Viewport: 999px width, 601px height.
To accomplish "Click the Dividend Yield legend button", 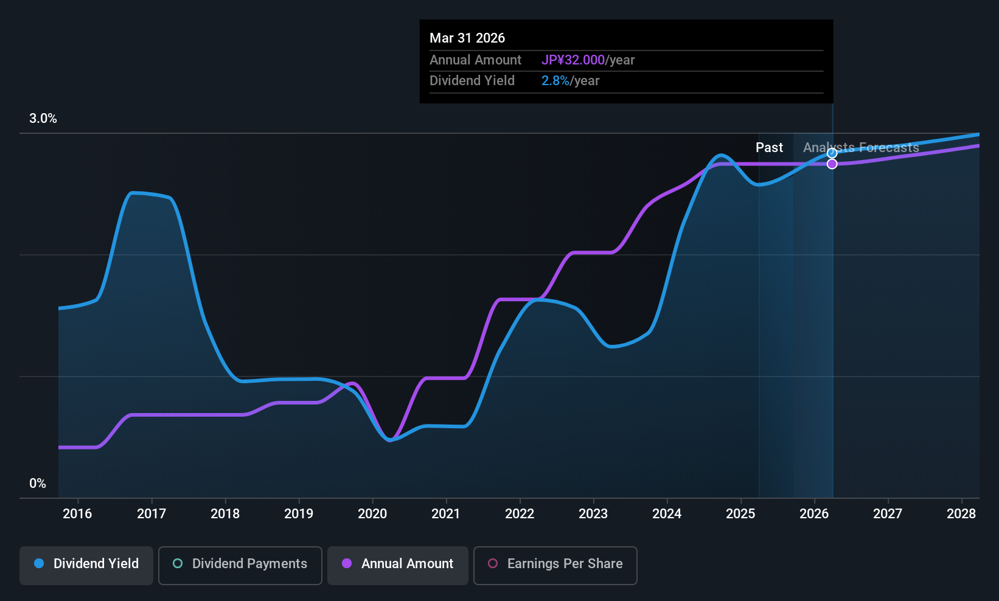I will (x=86, y=564).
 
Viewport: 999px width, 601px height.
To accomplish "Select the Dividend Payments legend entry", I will (x=240, y=564).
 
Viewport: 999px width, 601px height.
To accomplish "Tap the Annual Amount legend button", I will (x=398, y=564).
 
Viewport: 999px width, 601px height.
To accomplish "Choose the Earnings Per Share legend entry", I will (x=555, y=564).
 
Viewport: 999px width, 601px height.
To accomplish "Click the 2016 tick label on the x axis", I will (x=77, y=514).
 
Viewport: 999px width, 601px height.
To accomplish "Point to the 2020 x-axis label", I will (x=372, y=514).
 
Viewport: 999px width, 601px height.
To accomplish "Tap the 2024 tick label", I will (x=667, y=514).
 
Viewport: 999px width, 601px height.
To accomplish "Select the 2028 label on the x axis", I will (x=961, y=514).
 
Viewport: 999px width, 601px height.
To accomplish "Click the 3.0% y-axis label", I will (x=43, y=119).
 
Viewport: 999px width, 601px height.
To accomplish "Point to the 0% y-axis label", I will (x=38, y=484).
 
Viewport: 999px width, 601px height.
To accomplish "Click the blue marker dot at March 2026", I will (x=832, y=153).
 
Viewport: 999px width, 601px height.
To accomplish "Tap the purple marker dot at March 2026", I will (x=832, y=164).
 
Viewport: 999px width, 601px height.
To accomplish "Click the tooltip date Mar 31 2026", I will (x=467, y=38).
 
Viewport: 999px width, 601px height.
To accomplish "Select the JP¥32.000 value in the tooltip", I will (x=573, y=60).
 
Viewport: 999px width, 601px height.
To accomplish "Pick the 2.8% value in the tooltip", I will (x=555, y=81).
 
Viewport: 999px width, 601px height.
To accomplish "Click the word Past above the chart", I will (x=769, y=148).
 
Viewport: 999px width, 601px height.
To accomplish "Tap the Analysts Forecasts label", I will (x=861, y=148).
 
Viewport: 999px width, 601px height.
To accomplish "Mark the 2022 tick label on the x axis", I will (x=520, y=514).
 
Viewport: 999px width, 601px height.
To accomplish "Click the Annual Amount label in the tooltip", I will (x=475, y=60).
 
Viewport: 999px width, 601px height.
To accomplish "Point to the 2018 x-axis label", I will (x=225, y=514).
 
